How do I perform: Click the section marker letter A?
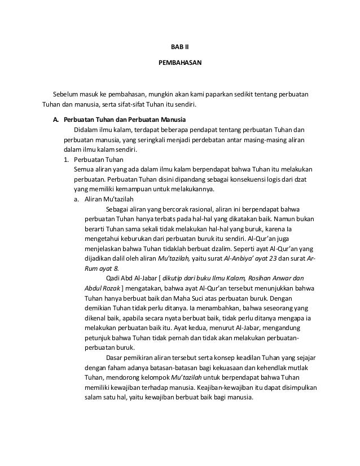pyautogui.click(x=55, y=120)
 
